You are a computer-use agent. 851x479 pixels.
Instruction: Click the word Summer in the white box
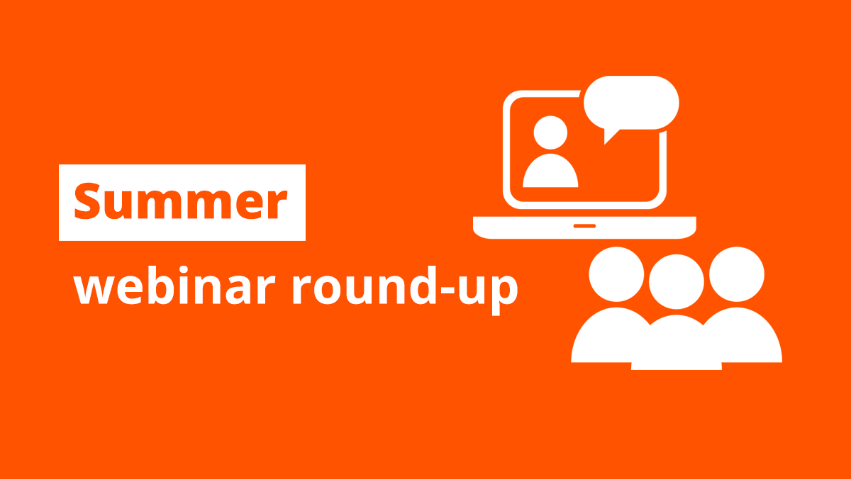point(180,201)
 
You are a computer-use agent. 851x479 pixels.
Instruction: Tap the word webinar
point(174,285)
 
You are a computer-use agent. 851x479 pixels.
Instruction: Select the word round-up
point(405,291)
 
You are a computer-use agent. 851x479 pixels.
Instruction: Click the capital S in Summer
point(87,201)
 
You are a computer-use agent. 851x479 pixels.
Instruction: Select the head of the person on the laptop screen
point(550,133)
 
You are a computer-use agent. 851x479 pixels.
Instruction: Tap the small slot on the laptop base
point(584,226)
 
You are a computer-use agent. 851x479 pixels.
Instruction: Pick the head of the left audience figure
point(616,274)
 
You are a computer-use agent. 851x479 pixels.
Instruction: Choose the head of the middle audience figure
point(677,281)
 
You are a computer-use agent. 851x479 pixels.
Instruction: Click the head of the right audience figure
point(737,274)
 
